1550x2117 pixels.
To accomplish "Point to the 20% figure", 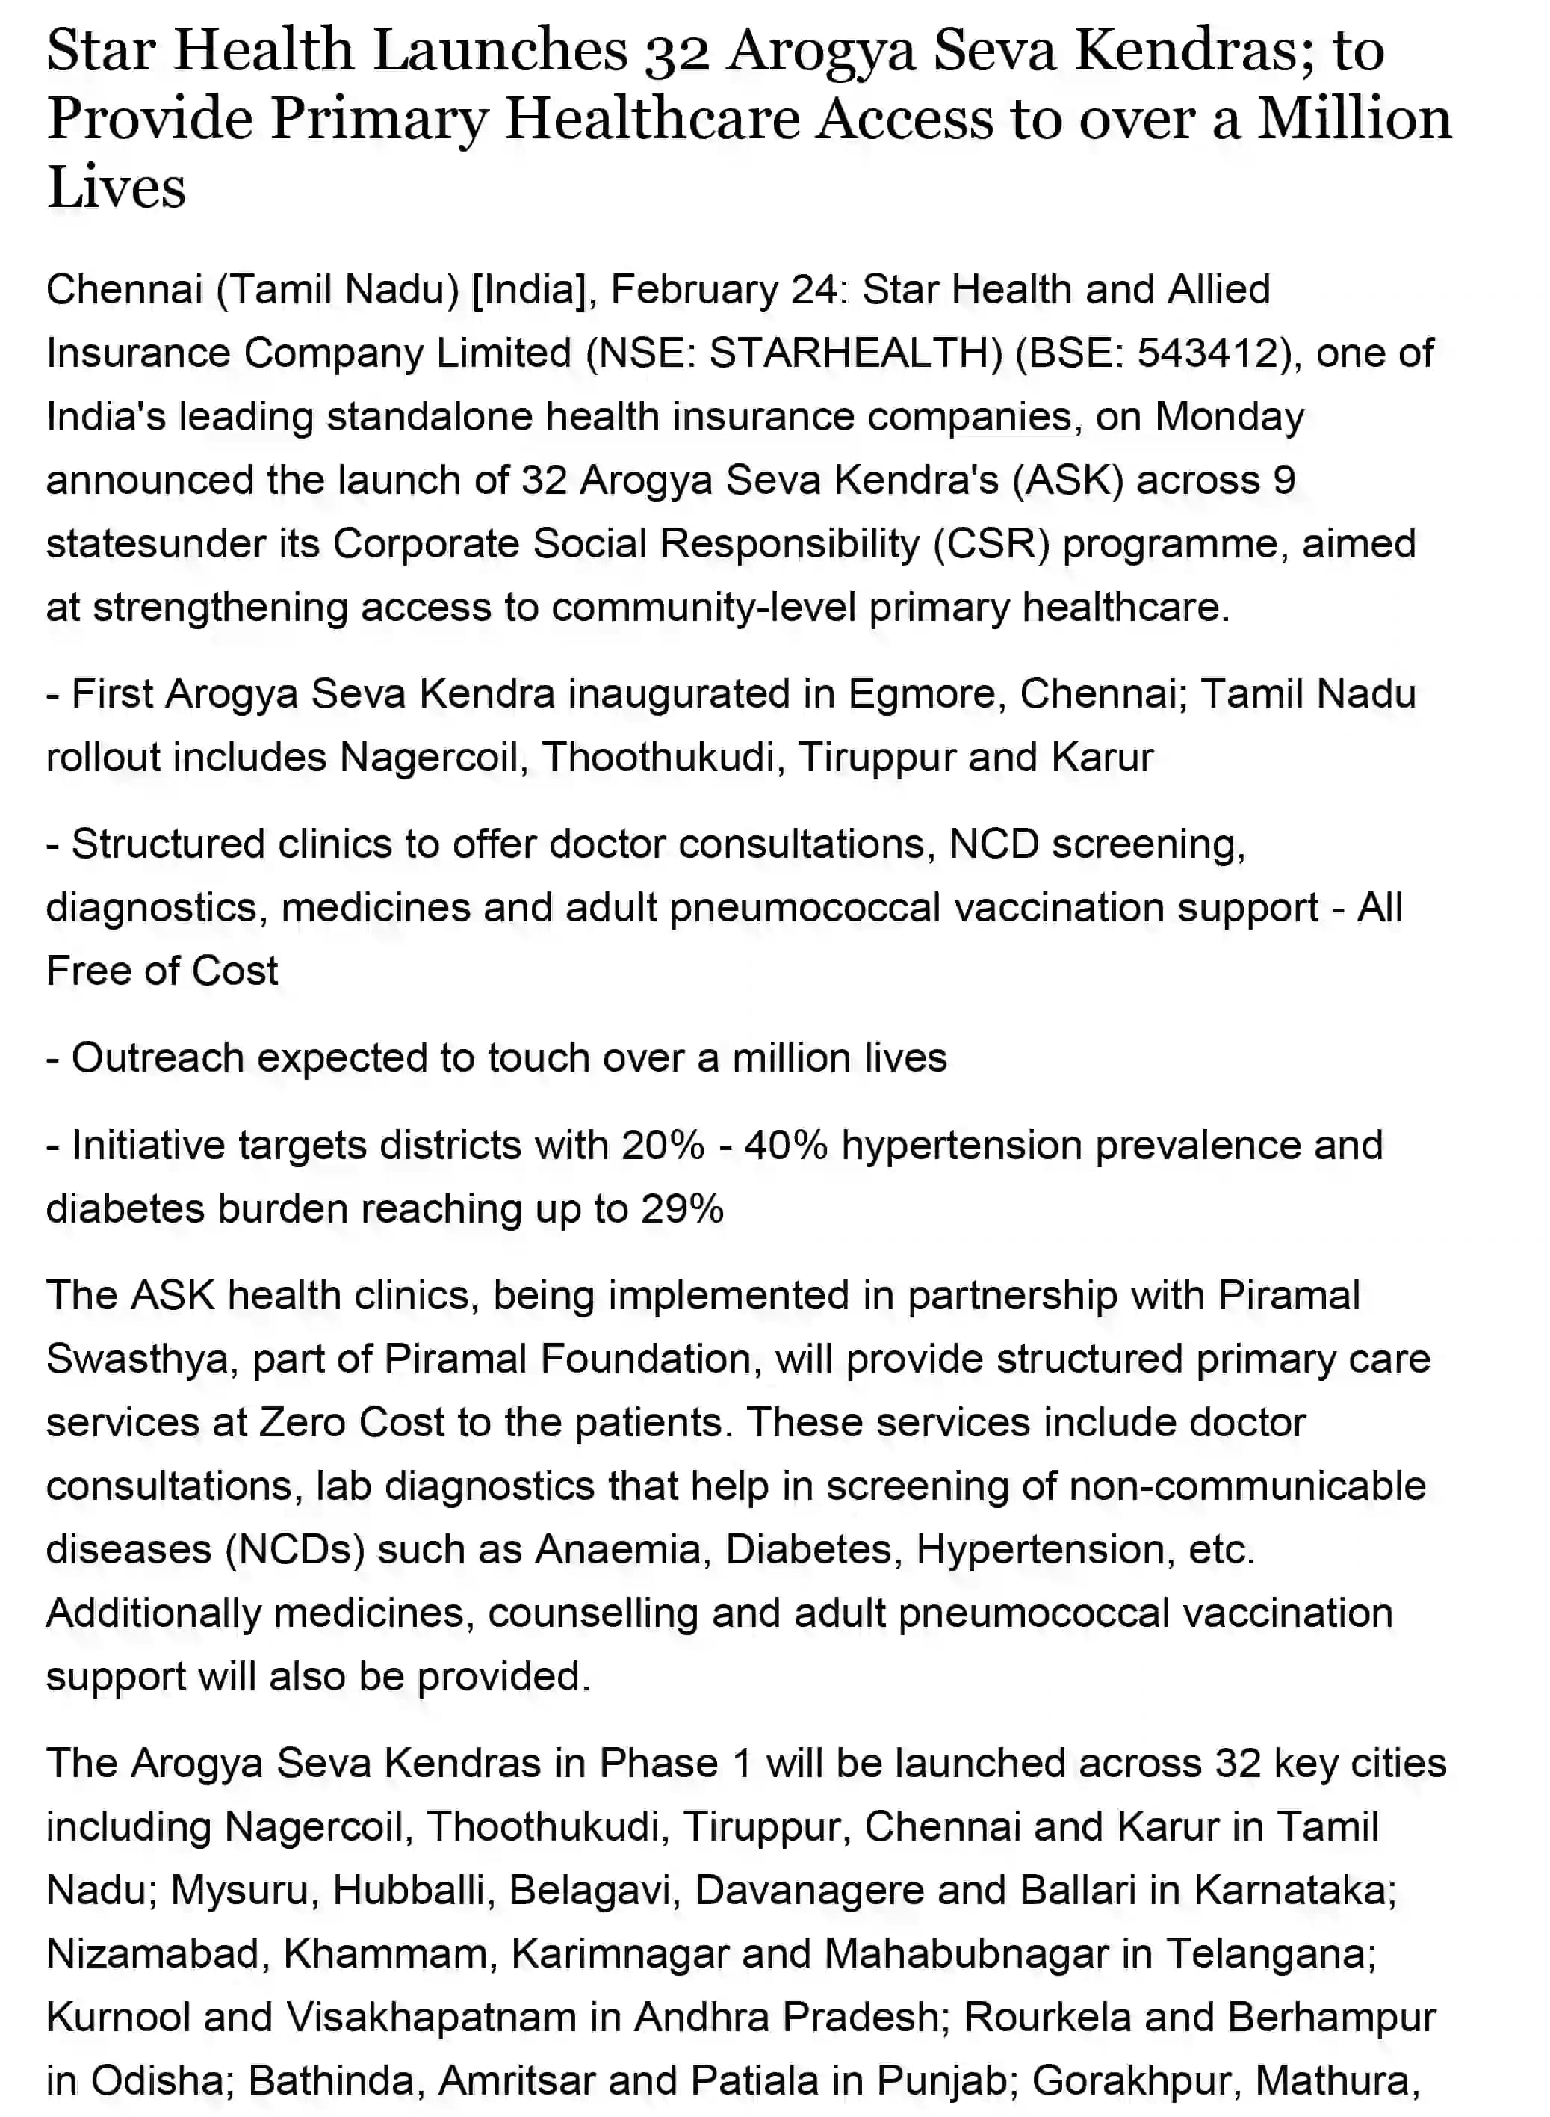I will (662, 1145).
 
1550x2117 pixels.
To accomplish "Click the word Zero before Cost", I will (302, 1423).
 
